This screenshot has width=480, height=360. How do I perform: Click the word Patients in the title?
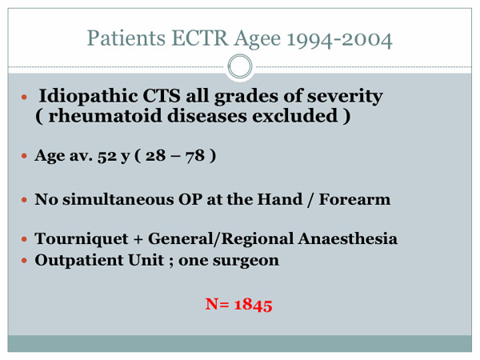126,38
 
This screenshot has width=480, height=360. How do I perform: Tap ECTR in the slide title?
199,38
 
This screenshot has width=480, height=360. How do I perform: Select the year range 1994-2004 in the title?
339,39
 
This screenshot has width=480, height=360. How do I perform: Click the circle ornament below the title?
240,66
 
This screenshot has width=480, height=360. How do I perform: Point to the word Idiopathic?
88,97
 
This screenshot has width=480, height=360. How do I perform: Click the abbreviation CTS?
162,95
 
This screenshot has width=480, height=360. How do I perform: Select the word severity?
345,97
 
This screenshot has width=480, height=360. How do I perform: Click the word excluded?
295,116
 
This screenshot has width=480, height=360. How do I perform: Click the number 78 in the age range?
194,155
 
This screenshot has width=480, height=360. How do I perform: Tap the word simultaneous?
118,199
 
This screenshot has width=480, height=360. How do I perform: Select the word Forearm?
354,199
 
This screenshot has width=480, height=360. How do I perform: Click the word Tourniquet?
82,238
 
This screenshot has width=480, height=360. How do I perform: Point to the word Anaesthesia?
348,238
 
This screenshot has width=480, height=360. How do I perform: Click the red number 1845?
253,305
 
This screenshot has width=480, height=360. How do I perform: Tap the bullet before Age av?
24,156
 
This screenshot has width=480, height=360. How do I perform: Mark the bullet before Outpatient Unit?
24,261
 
